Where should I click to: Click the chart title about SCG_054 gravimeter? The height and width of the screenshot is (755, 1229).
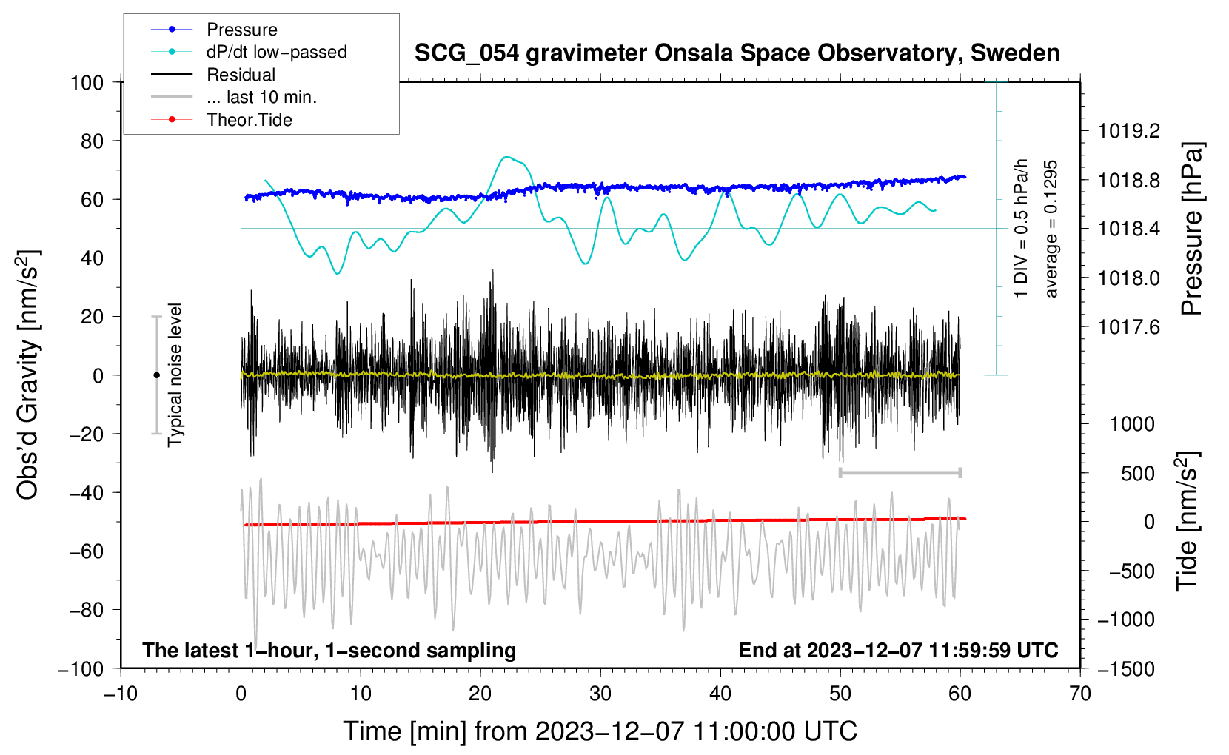(x=737, y=53)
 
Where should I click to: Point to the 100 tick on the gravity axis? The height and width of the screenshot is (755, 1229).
(x=87, y=82)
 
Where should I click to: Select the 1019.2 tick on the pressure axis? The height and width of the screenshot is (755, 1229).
(x=1129, y=131)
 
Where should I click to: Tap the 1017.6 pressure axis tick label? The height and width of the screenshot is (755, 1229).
(x=1129, y=326)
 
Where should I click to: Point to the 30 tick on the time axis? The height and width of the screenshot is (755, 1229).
(x=600, y=694)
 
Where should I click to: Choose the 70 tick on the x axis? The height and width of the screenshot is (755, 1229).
(x=1080, y=694)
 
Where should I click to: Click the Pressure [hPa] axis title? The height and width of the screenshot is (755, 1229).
(x=1191, y=229)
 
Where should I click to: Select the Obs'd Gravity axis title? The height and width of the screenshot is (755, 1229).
(x=28, y=375)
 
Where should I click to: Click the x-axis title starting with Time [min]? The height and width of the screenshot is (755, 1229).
(x=600, y=731)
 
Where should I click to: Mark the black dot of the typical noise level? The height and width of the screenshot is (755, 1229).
(x=156, y=375)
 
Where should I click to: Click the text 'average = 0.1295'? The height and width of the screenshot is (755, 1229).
(x=1051, y=229)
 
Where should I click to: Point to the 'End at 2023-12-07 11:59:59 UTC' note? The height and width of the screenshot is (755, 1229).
(x=898, y=650)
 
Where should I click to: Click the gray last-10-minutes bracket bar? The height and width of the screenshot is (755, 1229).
(x=900, y=472)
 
